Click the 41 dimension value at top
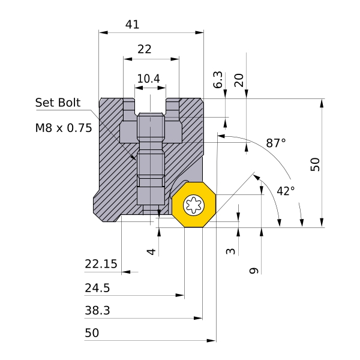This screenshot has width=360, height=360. click(132, 25)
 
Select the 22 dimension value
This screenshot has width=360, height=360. click(145, 50)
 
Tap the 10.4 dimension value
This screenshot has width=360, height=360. click(148, 79)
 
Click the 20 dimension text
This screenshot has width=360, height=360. click(239, 80)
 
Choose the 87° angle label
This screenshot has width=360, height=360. click(276, 143)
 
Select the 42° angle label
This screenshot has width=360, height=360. click(286, 191)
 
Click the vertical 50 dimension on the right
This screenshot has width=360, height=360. click(316, 164)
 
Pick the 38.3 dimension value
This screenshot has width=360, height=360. click(97, 311)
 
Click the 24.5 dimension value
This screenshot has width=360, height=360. click(97, 288)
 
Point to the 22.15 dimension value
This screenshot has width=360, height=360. click(100, 264)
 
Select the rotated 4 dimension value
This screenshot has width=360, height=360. click(152, 251)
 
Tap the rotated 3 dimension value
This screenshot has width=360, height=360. click(231, 251)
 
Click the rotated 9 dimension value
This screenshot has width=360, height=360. click(253, 271)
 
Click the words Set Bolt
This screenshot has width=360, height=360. click(58, 103)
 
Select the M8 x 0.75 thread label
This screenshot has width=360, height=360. click(63, 128)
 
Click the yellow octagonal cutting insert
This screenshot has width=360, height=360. click(194, 205)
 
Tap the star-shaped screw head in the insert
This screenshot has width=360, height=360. click(194, 205)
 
